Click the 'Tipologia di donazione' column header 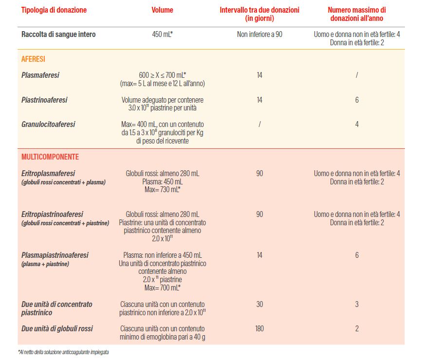pyautogui.click(x=54, y=10)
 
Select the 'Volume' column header pyautogui.click(x=162, y=10)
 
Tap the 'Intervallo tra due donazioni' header pyautogui.click(x=259, y=14)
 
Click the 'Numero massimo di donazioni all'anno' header pyautogui.click(x=357, y=14)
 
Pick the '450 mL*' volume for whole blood pyautogui.click(x=162, y=35)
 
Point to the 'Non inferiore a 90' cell pyautogui.click(x=259, y=35)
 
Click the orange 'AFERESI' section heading pyautogui.click(x=33, y=59)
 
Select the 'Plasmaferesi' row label pyautogui.click(x=40, y=75)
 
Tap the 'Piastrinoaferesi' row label pyautogui.click(x=44, y=100)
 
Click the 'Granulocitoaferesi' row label pyautogui.click(x=48, y=125)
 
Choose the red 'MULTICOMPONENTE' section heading pyautogui.click(x=50, y=157)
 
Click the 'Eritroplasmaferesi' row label pyautogui.click(x=48, y=173)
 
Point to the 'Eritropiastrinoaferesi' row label pyautogui.click(x=52, y=214)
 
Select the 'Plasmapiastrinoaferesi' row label pyautogui.click(x=55, y=255)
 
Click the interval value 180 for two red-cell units pyautogui.click(x=259, y=328)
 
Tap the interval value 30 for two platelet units pyautogui.click(x=259, y=305)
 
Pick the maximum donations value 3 pyautogui.click(x=357, y=305)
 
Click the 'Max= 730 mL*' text pyautogui.click(x=162, y=190)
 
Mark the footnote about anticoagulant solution pyautogui.click(x=63, y=352)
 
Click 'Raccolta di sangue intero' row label pyautogui.click(x=58, y=35)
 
